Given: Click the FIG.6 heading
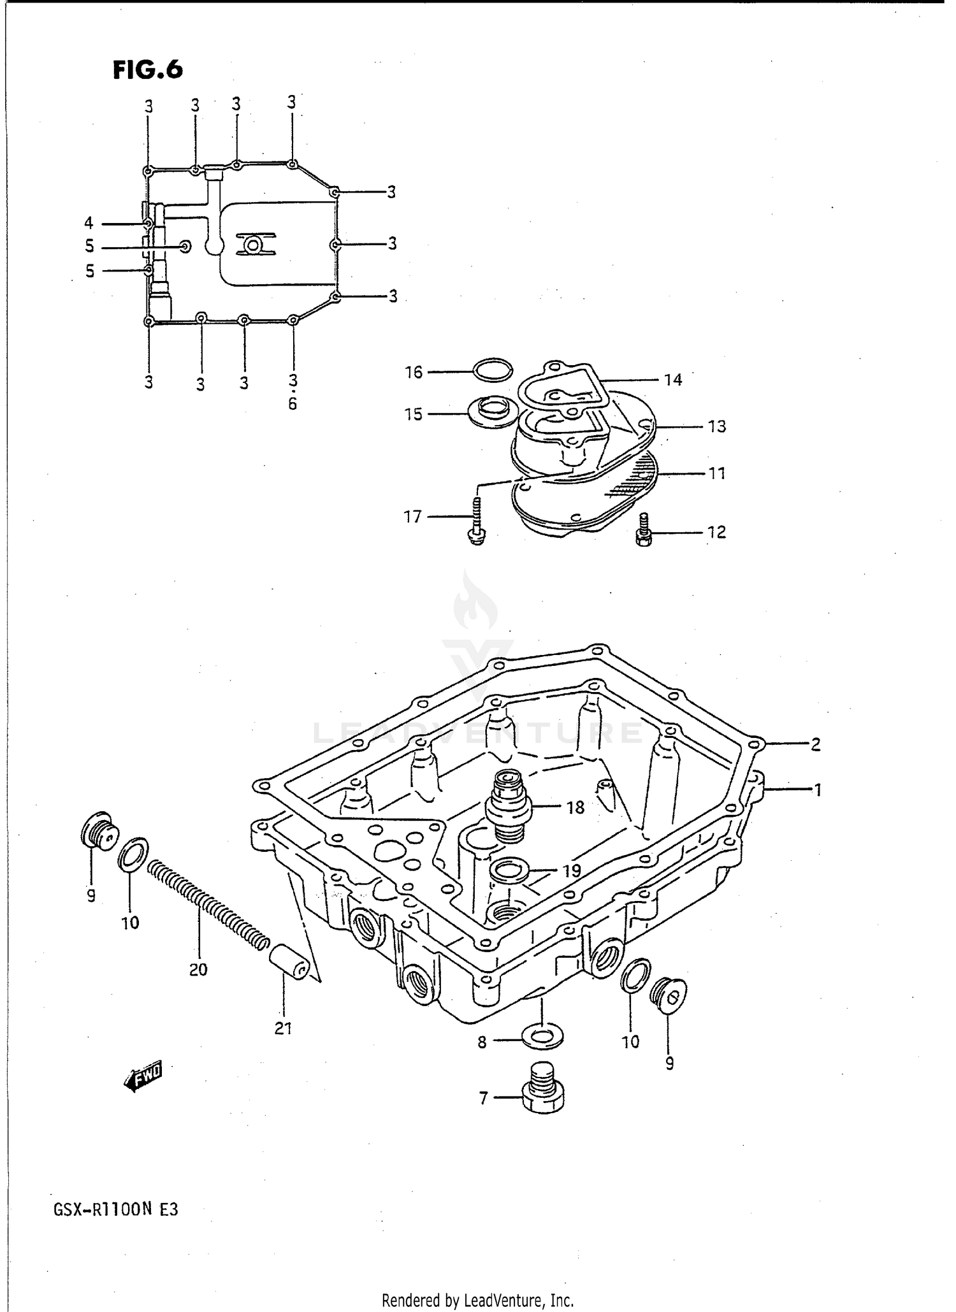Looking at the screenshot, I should tap(148, 69).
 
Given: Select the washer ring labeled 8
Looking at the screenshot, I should tap(542, 1036).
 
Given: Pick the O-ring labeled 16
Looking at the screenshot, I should tap(493, 371).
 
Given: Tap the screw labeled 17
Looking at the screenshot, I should tap(478, 522).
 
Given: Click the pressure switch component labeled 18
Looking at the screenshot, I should tap(508, 802).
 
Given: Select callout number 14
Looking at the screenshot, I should tap(673, 380).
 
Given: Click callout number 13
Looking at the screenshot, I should tap(717, 426).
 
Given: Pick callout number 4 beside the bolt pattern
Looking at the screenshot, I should tap(89, 223).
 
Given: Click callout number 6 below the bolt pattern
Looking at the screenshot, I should tap(293, 404).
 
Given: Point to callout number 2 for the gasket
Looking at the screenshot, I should tap(815, 744).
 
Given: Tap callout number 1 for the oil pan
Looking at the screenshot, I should tap(817, 791).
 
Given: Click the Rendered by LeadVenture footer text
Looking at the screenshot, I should tap(477, 1300).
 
